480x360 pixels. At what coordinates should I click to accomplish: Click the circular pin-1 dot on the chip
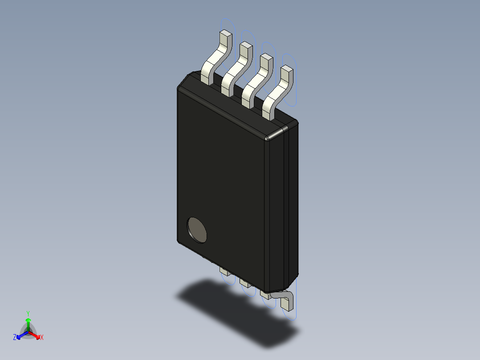click(197, 230)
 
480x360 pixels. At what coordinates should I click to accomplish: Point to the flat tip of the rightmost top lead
click(287, 68)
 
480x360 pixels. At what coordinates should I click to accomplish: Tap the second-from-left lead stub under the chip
click(244, 282)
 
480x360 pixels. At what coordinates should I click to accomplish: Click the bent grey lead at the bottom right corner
click(285, 299)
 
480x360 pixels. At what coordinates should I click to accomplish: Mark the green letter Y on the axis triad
click(28, 313)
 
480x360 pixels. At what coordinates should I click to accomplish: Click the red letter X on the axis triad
click(42, 337)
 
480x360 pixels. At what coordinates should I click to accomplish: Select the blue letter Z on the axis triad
click(15, 337)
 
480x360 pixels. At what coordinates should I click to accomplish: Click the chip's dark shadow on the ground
click(236, 312)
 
